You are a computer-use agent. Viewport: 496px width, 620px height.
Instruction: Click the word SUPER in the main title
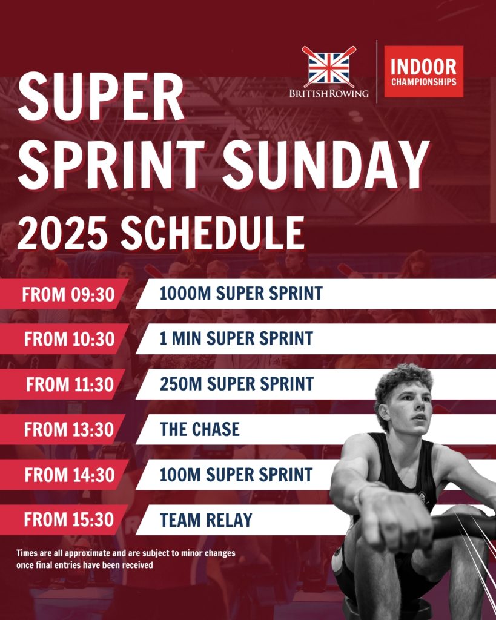pos(101,96)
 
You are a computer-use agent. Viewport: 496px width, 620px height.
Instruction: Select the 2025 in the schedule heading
pos(62,233)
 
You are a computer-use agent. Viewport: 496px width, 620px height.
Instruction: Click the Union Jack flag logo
pos(329,67)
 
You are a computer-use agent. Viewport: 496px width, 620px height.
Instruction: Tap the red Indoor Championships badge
pos(423,71)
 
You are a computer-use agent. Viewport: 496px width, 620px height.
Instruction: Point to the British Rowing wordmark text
pos(329,94)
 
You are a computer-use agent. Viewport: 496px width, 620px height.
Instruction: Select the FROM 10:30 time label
pos(69,339)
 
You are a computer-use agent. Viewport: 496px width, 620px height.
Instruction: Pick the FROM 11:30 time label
pos(70,384)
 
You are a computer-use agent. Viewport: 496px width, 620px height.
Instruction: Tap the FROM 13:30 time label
pos(69,429)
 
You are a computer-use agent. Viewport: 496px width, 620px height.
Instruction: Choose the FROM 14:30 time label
pos(70,475)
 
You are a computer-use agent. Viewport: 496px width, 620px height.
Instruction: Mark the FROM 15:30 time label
pos(69,519)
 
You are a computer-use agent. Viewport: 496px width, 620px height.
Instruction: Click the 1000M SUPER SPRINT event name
pos(241,294)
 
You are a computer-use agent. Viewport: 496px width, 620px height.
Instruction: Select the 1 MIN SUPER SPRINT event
pos(236,338)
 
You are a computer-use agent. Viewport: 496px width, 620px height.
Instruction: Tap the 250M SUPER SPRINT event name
pos(237,384)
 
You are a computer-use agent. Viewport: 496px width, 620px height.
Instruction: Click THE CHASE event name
pos(200,429)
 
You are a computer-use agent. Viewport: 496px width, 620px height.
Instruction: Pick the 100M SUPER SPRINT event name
pos(236,475)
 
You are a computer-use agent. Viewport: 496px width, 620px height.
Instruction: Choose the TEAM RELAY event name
pos(206,520)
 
